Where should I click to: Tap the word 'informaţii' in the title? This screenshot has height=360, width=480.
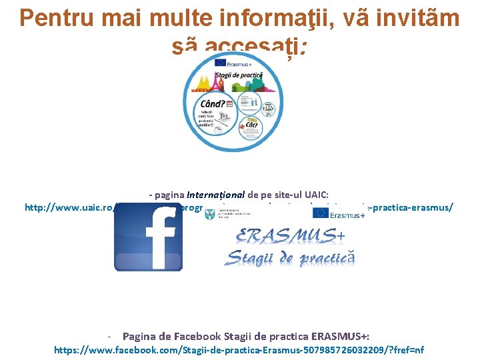(281, 18)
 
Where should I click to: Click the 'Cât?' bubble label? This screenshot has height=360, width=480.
(251, 125)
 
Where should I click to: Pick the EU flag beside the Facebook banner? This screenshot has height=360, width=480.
(321, 213)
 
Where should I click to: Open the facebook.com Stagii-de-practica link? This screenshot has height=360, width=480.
(239, 349)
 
